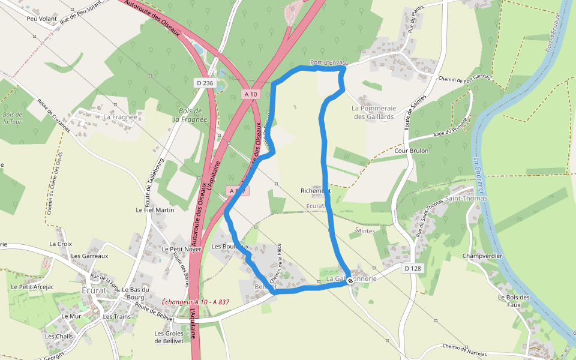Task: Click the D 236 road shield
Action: [x=205, y=83]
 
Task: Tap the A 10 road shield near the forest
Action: [x=251, y=94]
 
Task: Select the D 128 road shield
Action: [x=412, y=268]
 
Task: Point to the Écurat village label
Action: [x=94, y=290]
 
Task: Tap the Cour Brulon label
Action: [x=412, y=151]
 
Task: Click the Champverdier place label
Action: [x=482, y=256]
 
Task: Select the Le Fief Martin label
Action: [x=155, y=210]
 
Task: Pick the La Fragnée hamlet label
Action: [x=117, y=116]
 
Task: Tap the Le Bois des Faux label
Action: [x=514, y=301]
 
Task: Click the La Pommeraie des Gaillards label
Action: [x=374, y=113]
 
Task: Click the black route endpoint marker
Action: [x=350, y=281]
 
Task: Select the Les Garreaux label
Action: [x=89, y=256]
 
